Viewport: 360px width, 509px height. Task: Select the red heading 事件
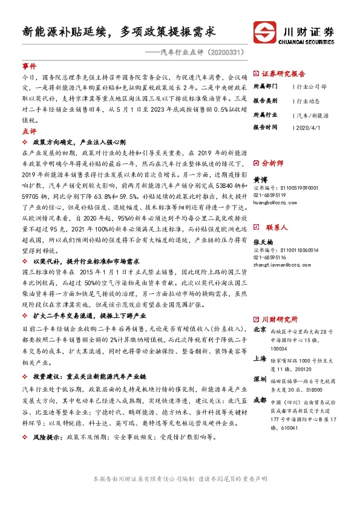point(29,66)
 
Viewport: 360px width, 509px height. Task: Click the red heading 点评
point(29,131)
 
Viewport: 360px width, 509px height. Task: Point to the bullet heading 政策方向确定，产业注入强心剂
point(79,141)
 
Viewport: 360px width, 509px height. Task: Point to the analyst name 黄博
point(260,180)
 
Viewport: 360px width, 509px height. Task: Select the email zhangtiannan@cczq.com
point(282,265)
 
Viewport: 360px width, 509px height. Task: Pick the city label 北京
point(260,330)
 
